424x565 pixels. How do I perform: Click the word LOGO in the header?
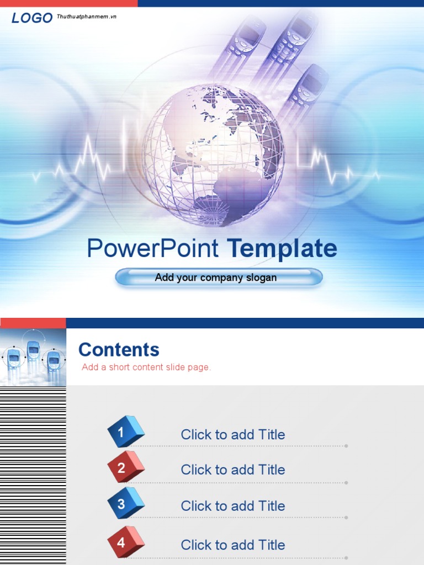32,18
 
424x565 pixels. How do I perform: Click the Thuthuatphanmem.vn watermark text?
87,17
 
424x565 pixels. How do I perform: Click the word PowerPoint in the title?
152,249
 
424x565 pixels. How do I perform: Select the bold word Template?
282,249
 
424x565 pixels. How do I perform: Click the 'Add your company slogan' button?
218,278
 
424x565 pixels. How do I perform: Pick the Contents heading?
119,350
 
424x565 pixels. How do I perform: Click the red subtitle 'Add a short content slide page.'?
146,367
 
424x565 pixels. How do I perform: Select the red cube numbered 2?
125,467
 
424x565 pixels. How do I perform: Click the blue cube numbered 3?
125,503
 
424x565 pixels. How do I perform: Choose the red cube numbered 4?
125,542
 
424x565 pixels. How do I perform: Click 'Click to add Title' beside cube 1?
233,435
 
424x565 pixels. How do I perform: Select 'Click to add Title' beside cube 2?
233,470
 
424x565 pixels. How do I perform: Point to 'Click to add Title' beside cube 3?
233,506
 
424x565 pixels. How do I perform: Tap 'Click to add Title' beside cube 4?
233,545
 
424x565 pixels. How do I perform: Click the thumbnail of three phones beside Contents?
33,357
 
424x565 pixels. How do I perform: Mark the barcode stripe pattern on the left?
33,475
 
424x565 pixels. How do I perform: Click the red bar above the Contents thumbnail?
33,323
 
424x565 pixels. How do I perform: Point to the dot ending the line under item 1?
346,446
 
